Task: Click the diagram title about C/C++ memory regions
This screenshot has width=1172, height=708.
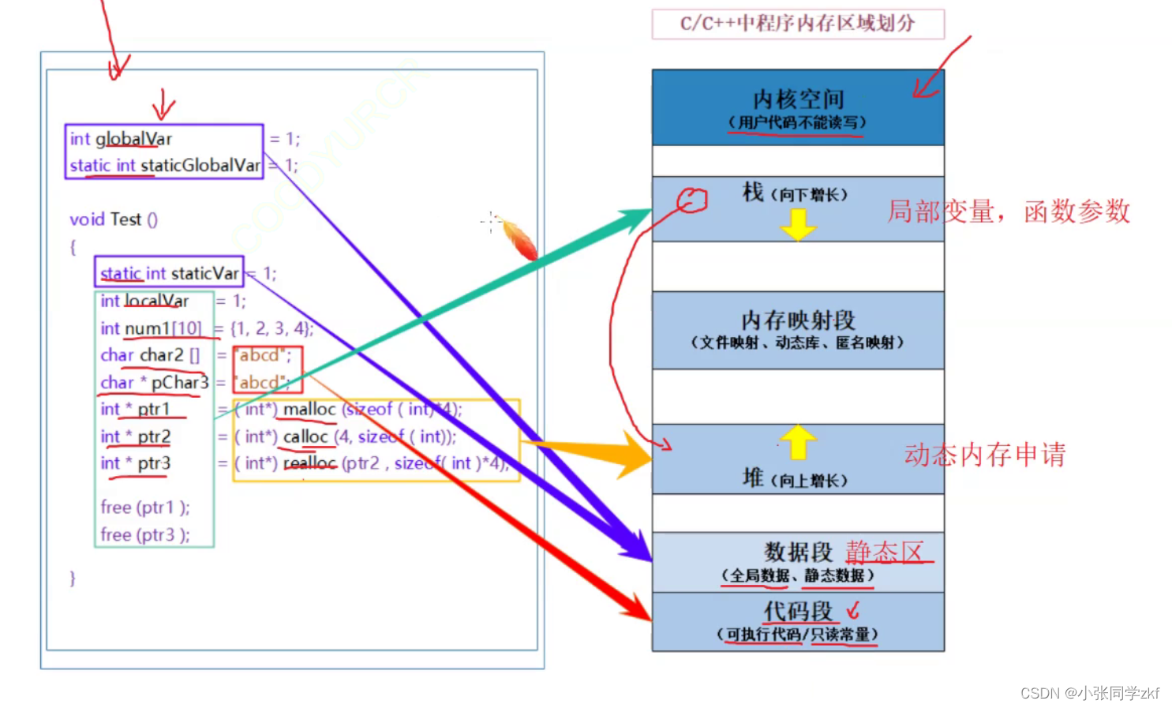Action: pyautogui.click(x=797, y=24)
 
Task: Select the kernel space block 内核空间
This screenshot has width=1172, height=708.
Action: pyautogui.click(x=797, y=100)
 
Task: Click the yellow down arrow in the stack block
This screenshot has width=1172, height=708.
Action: pyautogui.click(x=798, y=224)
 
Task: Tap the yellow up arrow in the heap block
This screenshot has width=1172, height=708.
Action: pyautogui.click(x=798, y=441)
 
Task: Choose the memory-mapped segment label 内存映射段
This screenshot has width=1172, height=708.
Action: pyautogui.click(x=797, y=320)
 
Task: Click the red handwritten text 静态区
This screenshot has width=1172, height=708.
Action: pyautogui.click(x=884, y=551)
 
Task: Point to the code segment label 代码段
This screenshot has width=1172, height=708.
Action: pyautogui.click(x=797, y=612)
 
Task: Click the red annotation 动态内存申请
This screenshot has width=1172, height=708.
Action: pyautogui.click(x=984, y=455)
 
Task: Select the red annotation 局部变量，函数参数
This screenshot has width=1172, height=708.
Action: pyautogui.click(x=1009, y=212)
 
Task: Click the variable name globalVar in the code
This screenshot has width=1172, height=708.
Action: pyautogui.click(x=133, y=139)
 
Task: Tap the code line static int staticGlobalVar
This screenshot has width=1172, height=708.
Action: pyautogui.click(x=164, y=166)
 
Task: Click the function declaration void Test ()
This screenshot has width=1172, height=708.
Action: pyautogui.click(x=114, y=219)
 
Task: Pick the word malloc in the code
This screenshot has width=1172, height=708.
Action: pyautogui.click(x=309, y=410)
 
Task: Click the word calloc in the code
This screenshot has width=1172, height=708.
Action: pyautogui.click(x=305, y=436)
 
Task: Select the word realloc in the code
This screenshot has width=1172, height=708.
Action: pyautogui.click(x=309, y=463)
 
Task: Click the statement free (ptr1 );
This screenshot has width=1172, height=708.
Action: pyautogui.click(x=145, y=508)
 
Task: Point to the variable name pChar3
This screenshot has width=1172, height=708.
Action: pyautogui.click(x=180, y=383)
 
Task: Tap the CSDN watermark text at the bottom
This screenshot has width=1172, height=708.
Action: pyautogui.click(x=1089, y=693)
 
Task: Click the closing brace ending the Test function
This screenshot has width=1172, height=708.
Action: pyautogui.click(x=73, y=578)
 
